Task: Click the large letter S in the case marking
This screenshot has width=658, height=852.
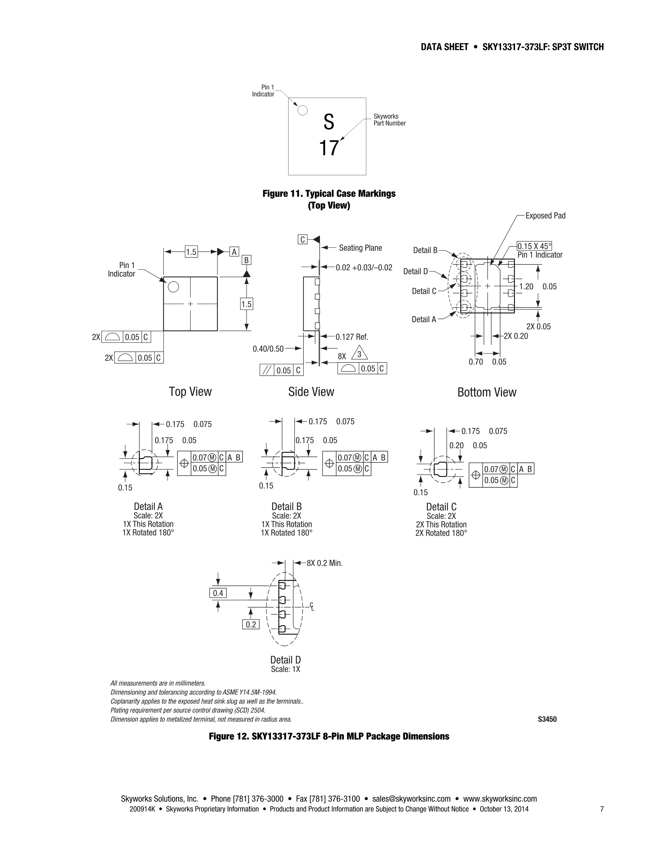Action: click(328, 122)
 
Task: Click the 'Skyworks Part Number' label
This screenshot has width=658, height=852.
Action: click(389, 120)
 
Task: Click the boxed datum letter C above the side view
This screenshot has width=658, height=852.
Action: click(302, 239)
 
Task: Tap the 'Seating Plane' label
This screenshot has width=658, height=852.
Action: click(360, 248)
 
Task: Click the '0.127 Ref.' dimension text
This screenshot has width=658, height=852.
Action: click(352, 337)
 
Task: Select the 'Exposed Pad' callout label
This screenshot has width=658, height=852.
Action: click(545, 216)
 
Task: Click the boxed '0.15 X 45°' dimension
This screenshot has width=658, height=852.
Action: click(534, 246)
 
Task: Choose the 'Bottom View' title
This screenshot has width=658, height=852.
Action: click(487, 392)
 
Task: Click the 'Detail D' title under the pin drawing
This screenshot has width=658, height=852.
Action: click(286, 660)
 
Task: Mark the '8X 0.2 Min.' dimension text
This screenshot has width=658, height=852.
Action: click(325, 563)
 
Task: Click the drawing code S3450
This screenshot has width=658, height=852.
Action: click(547, 719)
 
